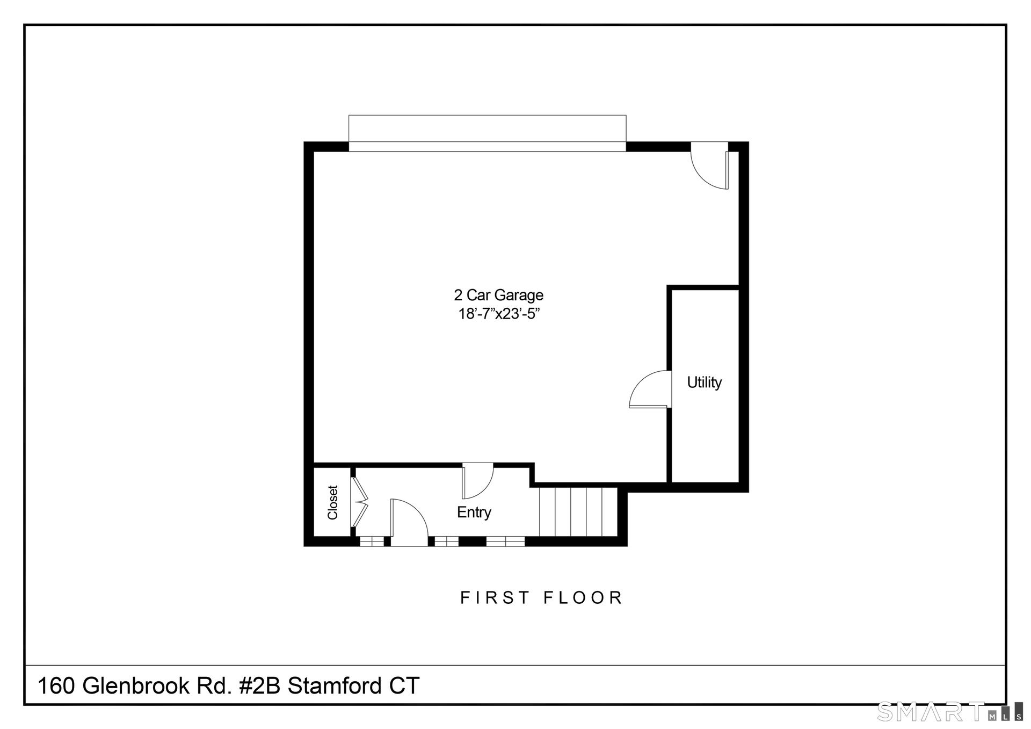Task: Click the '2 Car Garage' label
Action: tap(498, 295)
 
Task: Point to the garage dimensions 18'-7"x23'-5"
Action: tap(498, 314)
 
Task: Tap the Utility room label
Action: tap(704, 382)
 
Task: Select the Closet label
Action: tap(333, 502)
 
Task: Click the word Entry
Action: tap(474, 513)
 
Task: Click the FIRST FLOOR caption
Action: tap(541, 597)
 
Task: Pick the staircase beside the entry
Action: tap(578, 511)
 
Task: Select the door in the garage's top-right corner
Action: tap(709, 165)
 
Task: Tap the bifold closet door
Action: tap(359, 502)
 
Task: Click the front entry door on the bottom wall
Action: tap(409, 522)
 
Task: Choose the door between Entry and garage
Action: tap(477, 481)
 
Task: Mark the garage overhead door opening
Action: tap(487, 133)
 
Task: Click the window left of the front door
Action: tap(372, 541)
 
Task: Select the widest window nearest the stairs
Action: tap(505, 541)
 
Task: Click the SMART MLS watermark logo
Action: tap(949, 712)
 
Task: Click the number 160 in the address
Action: tap(56, 686)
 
